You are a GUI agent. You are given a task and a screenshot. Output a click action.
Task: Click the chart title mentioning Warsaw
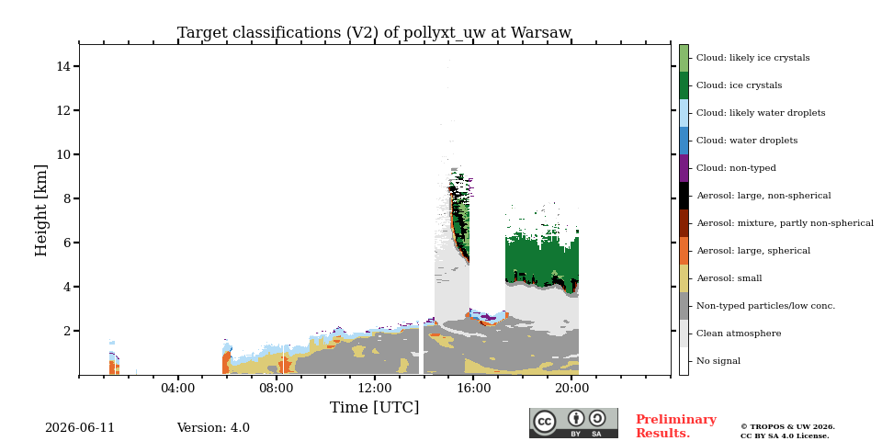point(374,33)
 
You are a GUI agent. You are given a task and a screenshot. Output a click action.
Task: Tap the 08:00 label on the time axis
point(277,388)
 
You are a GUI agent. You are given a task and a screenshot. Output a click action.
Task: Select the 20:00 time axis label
point(572,388)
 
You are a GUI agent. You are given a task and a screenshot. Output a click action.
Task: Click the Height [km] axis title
point(41,210)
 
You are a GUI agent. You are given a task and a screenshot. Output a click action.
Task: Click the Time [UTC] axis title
point(374,407)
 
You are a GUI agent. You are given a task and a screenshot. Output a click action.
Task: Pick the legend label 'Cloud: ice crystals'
point(739,85)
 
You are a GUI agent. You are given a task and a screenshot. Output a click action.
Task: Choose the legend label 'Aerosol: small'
point(729,278)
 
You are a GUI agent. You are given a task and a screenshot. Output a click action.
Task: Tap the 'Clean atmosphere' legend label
point(739,334)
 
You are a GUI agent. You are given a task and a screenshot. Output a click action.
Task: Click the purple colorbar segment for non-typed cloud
point(684,168)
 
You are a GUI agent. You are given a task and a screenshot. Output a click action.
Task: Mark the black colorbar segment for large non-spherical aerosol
point(684,196)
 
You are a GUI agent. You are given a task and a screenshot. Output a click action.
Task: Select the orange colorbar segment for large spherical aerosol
point(684,251)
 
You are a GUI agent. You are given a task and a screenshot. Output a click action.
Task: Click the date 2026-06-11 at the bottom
point(80,428)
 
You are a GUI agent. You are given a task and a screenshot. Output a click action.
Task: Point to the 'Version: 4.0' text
point(213,428)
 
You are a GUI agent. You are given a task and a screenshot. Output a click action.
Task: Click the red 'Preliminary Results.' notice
point(676,426)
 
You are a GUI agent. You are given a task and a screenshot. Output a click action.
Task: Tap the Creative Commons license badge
point(573,423)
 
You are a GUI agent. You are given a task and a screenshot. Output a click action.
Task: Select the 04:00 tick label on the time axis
point(177,388)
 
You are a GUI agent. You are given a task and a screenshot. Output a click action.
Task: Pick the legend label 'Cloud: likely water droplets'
point(761,113)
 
